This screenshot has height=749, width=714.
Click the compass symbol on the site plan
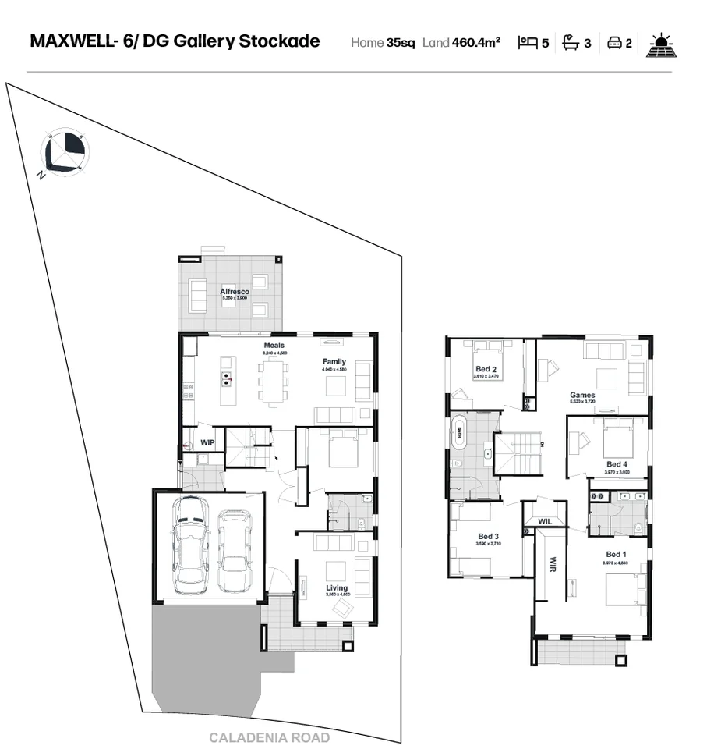click(65, 151)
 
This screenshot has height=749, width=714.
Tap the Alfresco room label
click(234, 292)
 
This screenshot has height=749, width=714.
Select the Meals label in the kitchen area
click(274, 345)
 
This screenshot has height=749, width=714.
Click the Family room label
click(334, 362)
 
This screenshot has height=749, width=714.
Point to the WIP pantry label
click(207, 442)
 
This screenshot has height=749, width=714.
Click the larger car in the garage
click(191, 547)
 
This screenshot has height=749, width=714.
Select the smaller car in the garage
click(235, 550)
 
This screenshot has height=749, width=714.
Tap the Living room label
click(337, 587)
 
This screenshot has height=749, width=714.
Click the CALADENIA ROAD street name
click(269, 737)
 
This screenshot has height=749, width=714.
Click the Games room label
click(582, 396)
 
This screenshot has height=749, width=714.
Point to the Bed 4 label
click(617, 465)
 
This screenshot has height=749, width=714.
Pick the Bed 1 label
click(615, 555)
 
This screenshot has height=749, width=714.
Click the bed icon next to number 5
click(528, 43)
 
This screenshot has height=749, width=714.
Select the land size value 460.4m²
click(475, 42)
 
